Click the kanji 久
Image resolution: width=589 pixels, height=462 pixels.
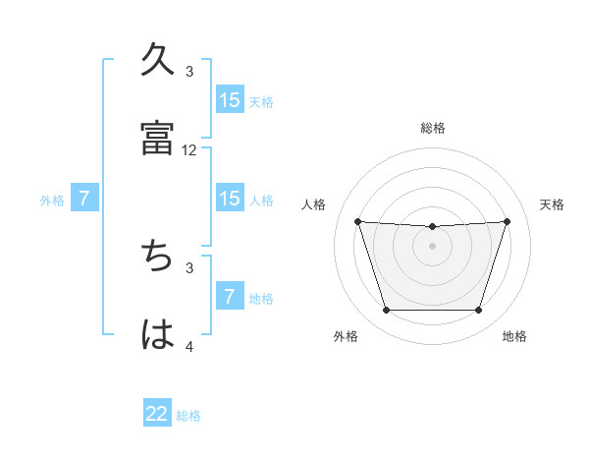point(158,59)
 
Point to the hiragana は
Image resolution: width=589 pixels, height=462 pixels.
point(158,334)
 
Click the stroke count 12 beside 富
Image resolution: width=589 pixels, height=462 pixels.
point(189,150)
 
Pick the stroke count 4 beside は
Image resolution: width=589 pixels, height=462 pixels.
point(189,346)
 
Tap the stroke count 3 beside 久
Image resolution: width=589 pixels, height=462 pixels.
point(189,71)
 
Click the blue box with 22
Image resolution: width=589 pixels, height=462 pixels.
point(157,415)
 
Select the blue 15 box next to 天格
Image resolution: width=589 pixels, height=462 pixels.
point(230,100)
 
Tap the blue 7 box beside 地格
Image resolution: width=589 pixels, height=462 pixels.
point(230,297)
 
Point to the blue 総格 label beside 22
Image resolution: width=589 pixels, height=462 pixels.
point(188,416)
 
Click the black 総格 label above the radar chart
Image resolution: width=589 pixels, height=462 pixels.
point(433,128)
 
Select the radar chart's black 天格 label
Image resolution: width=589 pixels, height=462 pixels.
point(552,204)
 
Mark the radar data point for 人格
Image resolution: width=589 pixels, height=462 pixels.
point(357,221)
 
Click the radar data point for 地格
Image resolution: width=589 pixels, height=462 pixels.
point(478,311)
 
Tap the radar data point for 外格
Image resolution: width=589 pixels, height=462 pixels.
point(386,311)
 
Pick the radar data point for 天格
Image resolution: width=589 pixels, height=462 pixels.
point(507,221)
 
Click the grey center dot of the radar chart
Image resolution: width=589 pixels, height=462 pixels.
point(432,246)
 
